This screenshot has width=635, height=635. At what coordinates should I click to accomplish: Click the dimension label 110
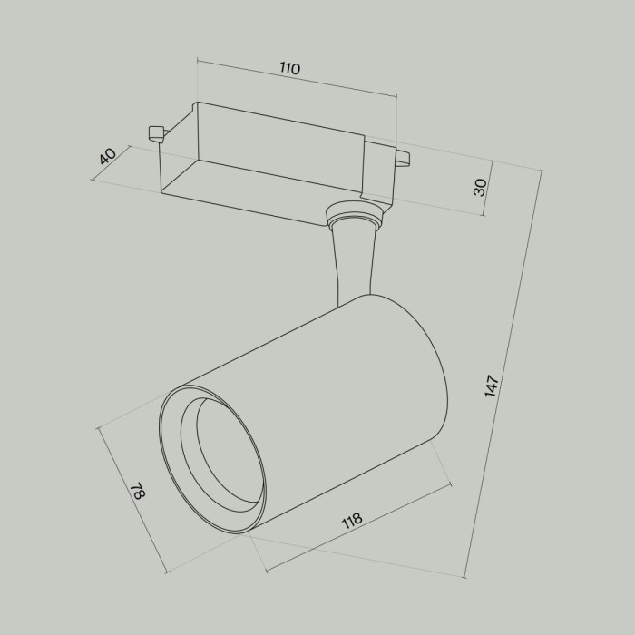click(x=289, y=69)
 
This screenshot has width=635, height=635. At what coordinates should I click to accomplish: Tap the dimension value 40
click(x=108, y=156)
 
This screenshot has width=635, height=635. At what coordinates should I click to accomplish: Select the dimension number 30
click(x=481, y=187)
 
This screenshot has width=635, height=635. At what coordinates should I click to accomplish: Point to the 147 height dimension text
click(x=492, y=386)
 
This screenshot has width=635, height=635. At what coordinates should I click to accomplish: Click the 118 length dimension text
click(x=351, y=520)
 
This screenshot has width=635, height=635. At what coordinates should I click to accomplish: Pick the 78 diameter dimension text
click(x=138, y=493)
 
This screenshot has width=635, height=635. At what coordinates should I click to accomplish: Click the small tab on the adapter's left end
click(x=156, y=132)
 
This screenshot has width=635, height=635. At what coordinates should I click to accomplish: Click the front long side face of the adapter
click(x=263, y=185)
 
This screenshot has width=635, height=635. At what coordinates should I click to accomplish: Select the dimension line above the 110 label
click(x=297, y=79)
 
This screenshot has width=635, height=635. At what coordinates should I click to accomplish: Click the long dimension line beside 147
click(x=503, y=372)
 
